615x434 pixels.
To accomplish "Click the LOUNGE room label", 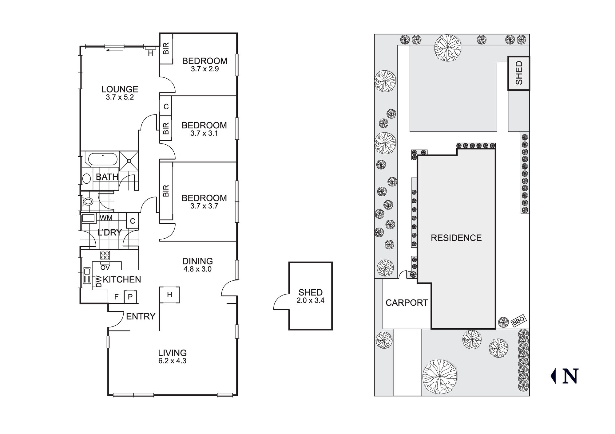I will [x=120, y=89].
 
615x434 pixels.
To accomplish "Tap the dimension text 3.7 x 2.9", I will [x=204, y=69].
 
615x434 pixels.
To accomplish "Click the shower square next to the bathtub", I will [x=129, y=161].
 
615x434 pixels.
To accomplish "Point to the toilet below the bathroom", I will [x=88, y=201].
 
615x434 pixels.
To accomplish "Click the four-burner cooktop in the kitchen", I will [x=105, y=255].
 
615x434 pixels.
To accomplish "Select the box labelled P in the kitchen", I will [x=130, y=297].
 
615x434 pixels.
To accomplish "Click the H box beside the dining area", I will [x=169, y=295].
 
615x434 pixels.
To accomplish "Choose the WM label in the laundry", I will [x=106, y=218].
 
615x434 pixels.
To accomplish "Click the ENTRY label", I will [x=141, y=316].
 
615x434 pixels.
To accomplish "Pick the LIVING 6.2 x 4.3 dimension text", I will [x=172, y=361].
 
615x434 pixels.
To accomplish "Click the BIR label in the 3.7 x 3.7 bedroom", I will [x=166, y=191].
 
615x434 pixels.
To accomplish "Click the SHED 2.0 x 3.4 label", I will [x=310, y=296].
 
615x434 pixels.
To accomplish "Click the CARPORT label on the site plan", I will [x=407, y=303].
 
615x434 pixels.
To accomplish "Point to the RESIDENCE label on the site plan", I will [x=456, y=238].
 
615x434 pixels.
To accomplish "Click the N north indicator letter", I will [x=570, y=376].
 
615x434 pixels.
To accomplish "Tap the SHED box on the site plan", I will [x=518, y=73].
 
